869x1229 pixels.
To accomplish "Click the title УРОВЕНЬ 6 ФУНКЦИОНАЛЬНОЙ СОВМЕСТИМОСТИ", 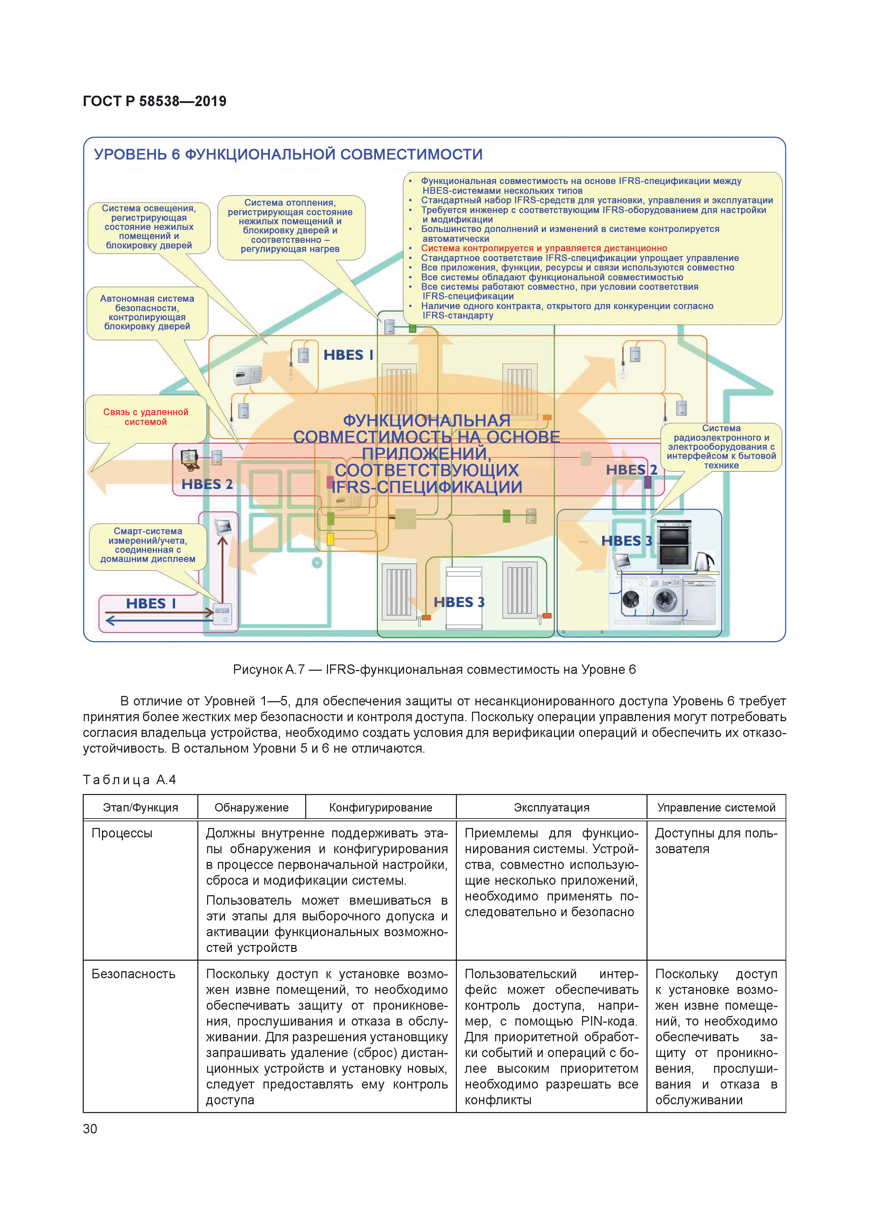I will [288, 155].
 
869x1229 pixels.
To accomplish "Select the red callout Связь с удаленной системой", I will [146, 417].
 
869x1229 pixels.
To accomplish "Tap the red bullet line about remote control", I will [543, 248].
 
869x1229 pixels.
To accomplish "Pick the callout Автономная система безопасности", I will [147, 313].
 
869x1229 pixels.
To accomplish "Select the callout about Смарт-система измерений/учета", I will [148, 545].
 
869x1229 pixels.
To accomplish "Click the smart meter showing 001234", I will [222, 614].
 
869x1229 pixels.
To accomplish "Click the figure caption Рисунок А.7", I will [434, 670].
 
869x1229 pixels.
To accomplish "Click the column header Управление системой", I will [716, 807].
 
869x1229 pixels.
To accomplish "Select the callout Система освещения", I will [149, 227].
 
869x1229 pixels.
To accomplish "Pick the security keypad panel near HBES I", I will [247, 375].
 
